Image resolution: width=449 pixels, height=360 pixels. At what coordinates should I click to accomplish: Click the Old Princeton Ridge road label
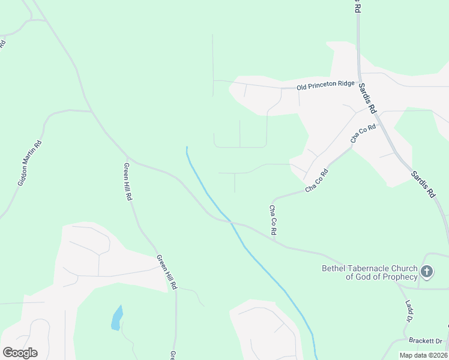tap(326, 85)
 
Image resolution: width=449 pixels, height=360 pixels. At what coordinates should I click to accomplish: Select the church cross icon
tap(427, 272)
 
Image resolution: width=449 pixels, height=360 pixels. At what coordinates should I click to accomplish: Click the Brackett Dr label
tap(425, 340)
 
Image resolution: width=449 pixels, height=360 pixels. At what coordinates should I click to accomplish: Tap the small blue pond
tap(116, 317)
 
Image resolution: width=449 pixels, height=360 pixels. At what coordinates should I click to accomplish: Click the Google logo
tap(20, 353)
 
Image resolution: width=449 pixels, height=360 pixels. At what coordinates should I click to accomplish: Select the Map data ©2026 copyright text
tap(423, 355)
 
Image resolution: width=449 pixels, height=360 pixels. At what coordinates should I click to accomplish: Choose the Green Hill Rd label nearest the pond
tap(166, 272)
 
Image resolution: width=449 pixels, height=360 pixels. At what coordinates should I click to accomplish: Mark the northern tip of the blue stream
tap(187, 147)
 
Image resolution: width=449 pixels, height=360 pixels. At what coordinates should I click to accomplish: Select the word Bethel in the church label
tap(334, 268)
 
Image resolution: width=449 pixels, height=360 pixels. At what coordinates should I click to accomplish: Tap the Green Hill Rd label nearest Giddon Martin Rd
tap(128, 181)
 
